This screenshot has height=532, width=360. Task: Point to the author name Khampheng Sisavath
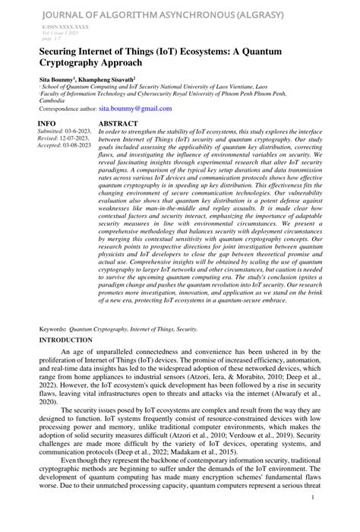point(113,78)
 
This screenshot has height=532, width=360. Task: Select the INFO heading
point(46,122)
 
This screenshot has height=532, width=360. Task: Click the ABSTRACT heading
point(118,122)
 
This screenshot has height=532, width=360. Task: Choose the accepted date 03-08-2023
point(79,146)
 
